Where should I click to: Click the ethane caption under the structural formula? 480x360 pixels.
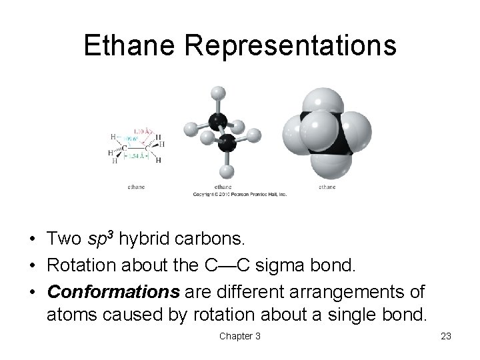click(137, 187)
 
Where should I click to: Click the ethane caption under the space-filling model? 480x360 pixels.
click(327, 187)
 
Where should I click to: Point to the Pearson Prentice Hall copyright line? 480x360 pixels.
click(239, 194)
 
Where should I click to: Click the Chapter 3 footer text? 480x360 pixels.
click(239, 336)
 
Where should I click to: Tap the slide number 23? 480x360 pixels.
click(446, 336)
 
